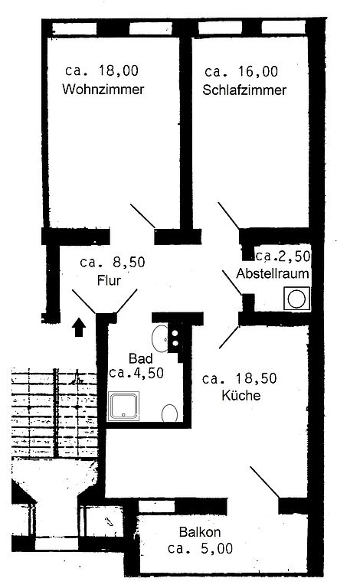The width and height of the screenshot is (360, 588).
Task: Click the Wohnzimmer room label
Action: point(103,90)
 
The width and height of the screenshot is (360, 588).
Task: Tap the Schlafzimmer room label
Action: point(244,90)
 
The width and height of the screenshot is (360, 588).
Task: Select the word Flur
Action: point(109,280)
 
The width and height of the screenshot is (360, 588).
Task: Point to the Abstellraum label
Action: point(273,273)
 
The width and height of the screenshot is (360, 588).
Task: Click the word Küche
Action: point(241,395)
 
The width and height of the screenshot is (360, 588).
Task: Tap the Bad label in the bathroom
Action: point(141,358)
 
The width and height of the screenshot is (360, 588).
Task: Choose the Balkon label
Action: point(200,532)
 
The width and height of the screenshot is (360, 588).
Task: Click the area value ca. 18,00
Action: point(102,70)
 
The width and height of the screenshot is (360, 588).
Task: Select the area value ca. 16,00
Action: point(241,71)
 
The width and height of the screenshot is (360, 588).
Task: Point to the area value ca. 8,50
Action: point(112,262)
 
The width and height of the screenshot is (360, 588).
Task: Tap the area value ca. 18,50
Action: point(239,378)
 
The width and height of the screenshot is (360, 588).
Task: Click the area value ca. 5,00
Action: point(200,549)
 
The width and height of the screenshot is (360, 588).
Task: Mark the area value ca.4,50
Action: point(136,373)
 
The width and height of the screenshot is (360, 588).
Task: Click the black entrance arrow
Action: point(79,327)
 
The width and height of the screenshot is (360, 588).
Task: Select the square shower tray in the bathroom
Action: point(123,406)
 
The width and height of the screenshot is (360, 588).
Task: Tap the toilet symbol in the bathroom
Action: point(169,413)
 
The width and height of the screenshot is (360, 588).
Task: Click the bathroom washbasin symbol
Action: point(161,339)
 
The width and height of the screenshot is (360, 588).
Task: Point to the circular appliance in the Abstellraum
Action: point(296,299)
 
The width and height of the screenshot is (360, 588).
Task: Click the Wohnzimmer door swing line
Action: point(142,216)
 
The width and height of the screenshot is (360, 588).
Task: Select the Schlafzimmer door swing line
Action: point(229,216)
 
